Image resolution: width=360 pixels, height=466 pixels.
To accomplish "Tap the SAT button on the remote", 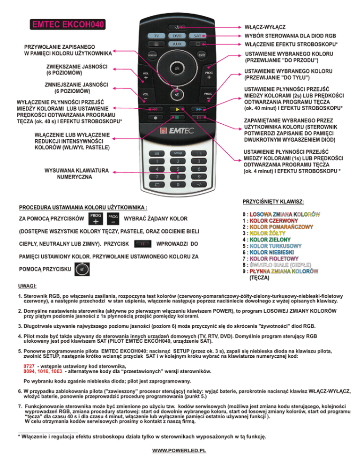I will pyautogui.click(x=197, y=36).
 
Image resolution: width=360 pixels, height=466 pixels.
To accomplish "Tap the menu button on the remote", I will pyautogui.click(x=152, y=55).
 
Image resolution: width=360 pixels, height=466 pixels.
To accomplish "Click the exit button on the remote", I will pyautogui.click(x=202, y=55).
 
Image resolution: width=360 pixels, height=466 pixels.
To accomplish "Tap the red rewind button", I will pyautogui.click(x=154, y=108).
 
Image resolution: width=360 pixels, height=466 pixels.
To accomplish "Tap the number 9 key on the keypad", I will pyautogui.click(x=199, y=177).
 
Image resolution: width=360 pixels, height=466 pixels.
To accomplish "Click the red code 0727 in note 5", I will pyautogui.click(x=30, y=366).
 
